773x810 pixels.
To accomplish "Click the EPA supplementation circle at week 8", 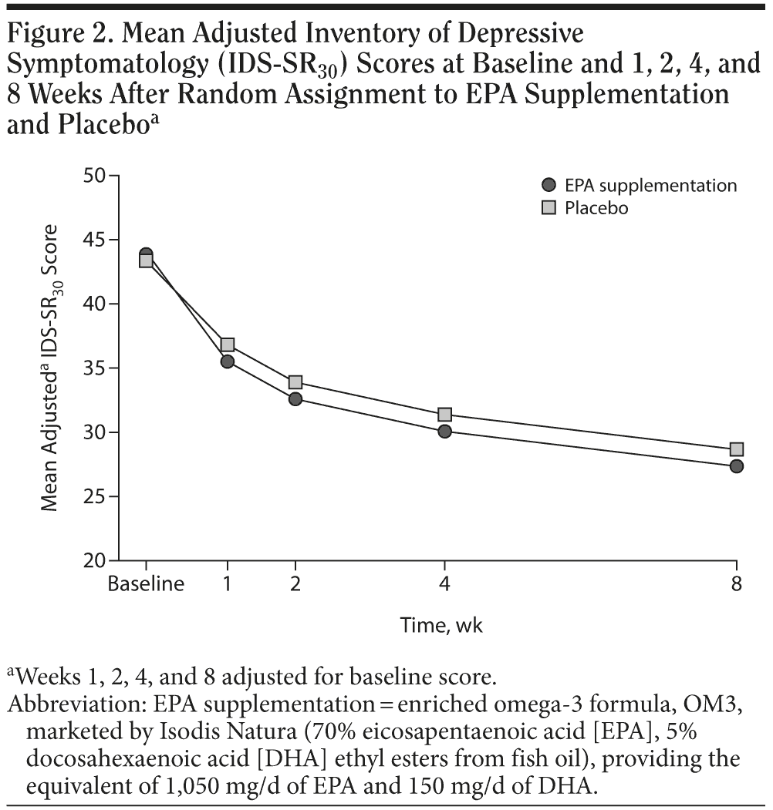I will tap(736, 465).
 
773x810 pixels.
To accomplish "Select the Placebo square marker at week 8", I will tap(736, 449).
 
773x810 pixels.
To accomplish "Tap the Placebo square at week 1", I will tap(227, 345).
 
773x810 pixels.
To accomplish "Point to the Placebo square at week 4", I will tap(444, 415).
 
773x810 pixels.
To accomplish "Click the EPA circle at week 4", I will tap(444, 432).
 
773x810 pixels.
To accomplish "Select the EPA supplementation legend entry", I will tap(640, 186).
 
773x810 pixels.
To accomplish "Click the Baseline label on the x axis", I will tap(146, 583).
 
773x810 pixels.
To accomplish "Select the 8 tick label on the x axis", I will tap(736, 583).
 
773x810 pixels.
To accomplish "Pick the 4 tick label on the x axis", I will tap(444, 583).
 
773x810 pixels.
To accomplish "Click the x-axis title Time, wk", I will tap(441, 625).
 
